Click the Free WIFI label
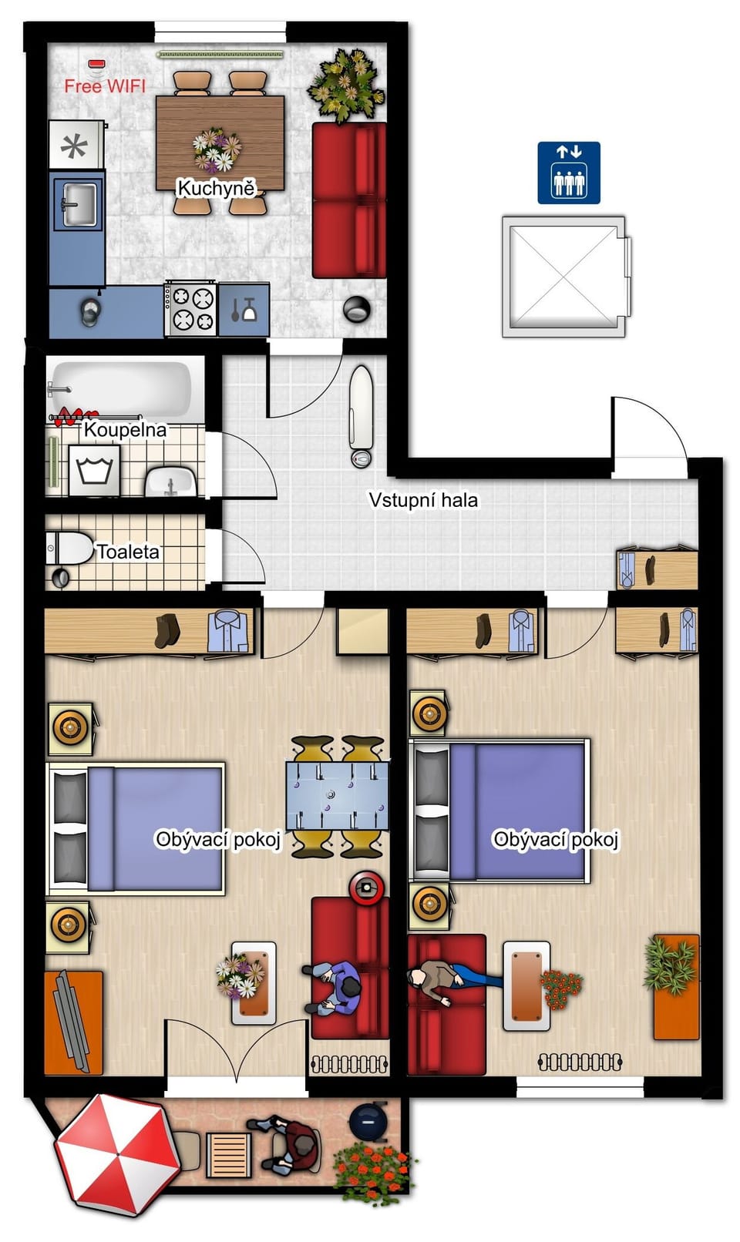point(105,86)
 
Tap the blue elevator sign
point(569,173)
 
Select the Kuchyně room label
point(217,189)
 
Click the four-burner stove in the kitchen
point(190,308)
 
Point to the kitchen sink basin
point(79,205)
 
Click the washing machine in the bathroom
point(94,471)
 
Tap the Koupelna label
point(126,430)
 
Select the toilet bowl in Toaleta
point(69,549)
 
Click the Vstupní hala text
point(423,500)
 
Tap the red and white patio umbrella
point(117,1156)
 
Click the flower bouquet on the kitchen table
point(217,149)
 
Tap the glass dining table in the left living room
point(338,796)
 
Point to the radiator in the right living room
point(580,1062)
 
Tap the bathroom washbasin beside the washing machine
point(171,482)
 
